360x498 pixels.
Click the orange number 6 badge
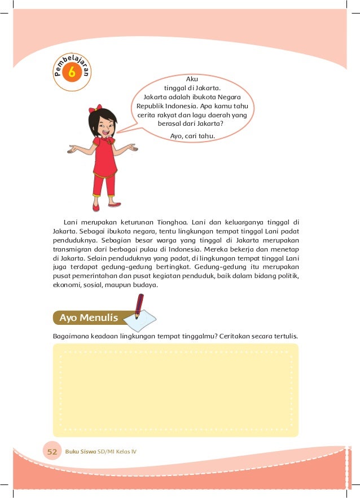tap(72, 73)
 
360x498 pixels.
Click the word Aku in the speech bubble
tap(192, 80)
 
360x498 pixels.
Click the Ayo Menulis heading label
tap(88, 318)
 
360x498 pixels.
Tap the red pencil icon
tap(138, 307)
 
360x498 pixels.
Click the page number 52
tap(52, 452)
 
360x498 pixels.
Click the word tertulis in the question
tap(284, 336)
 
